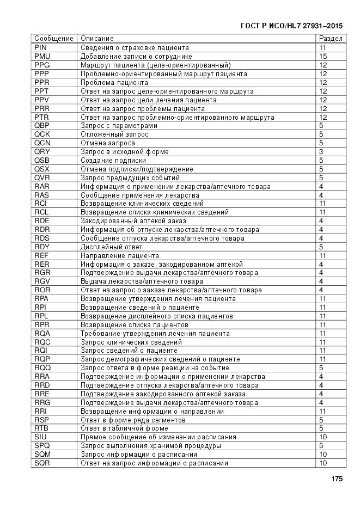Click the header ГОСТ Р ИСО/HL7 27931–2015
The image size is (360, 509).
coord(291,26)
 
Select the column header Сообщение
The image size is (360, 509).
coord(53,39)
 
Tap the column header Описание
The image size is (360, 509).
coord(97,39)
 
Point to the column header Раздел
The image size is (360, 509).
coord(330,39)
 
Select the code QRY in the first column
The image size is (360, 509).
coord(42,152)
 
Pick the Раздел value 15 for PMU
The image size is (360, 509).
coord(322,56)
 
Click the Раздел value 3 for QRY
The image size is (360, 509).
coord(321,152)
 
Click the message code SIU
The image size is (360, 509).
coord(40,437)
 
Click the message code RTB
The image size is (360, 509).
coord(42,428)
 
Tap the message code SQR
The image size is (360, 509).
coord(42,463)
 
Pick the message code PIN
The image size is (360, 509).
coord(40,47)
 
